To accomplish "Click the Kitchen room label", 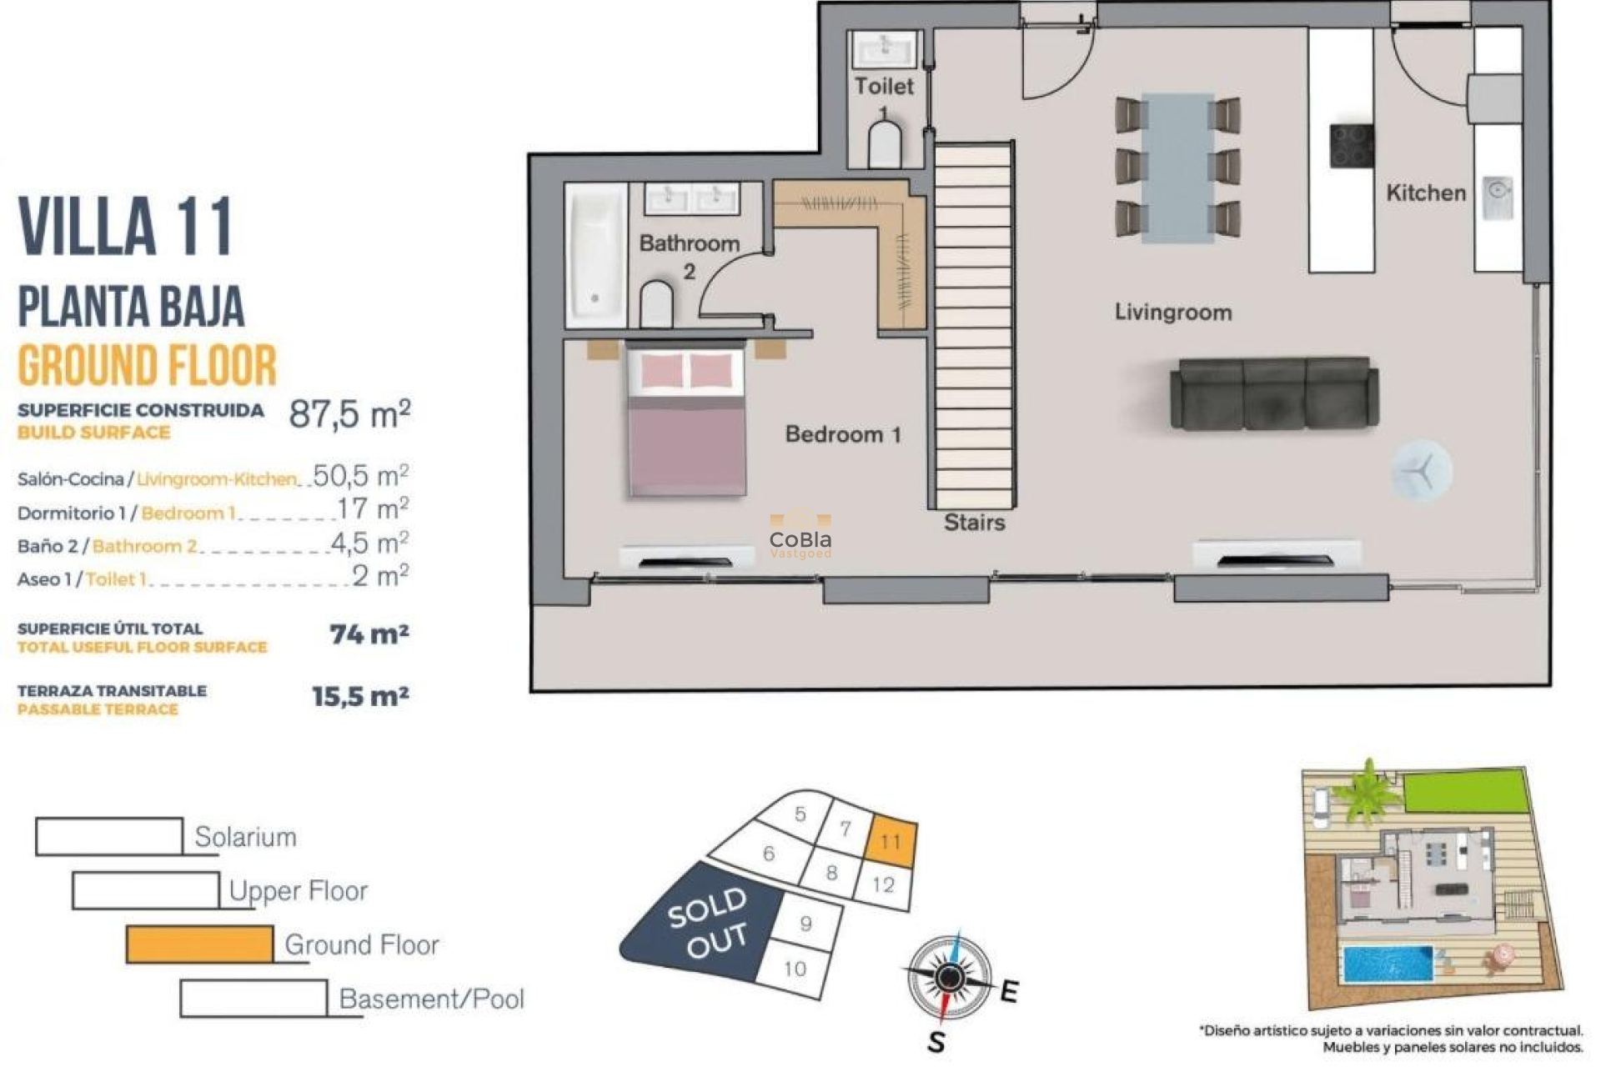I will [x=1425, y=193].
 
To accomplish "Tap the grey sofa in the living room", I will [x=1273, y=394].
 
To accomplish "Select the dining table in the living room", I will [x=1178, y=168].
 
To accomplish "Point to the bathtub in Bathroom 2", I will [x=595, y=255].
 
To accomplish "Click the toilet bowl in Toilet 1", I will [x=885, y=147].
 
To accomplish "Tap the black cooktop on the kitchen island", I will [x=1351, y=146].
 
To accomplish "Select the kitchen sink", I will [x=1498, y=197].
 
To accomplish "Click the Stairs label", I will [x=974, y=523].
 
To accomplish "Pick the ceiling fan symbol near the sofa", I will [x=1421, y=471].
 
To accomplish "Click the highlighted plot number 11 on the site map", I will [x=891, y=840].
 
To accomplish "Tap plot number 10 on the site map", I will [x=795, y=968].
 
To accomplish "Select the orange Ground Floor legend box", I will [x=199, y=944].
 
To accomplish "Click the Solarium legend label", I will [x=245, y=837].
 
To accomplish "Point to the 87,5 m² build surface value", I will [x=349, y=413].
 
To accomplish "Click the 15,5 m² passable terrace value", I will [x=360, y=696].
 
